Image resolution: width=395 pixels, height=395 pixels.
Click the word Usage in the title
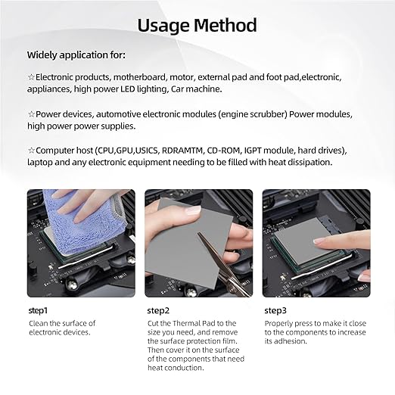(163, 26)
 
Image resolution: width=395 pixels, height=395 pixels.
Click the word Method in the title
(225, 25)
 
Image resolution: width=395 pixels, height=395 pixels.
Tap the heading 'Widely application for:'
(76, 55)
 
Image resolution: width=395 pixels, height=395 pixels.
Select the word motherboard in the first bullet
(140, 77)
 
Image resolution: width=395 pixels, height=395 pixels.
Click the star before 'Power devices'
(31, 114)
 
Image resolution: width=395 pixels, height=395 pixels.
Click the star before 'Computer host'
(31, 151)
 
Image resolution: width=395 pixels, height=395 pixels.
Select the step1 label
(38, 311)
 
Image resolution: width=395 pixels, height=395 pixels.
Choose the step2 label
(158, 311)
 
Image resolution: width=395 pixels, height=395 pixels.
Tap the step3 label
(275, 311)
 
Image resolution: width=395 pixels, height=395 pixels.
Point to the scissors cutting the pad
(222, 265)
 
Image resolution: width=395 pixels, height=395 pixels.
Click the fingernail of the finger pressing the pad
(319, 241)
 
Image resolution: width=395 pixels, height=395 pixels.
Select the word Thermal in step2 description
(186, 323)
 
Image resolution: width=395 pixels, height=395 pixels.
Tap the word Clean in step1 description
(39, 323)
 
